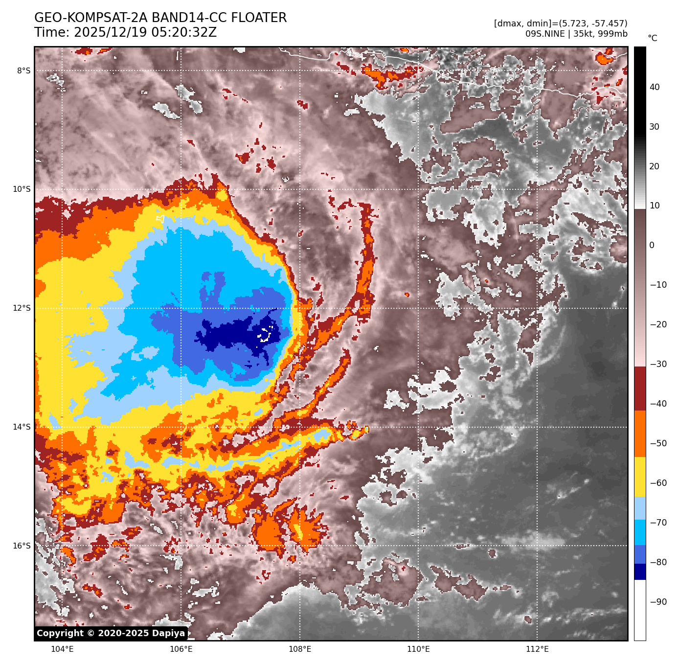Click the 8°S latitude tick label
point(23,71)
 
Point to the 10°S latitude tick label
point(22,189)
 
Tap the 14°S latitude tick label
point(22,427)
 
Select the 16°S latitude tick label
point(22,546)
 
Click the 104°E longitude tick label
point(62,649)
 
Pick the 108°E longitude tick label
point(300,649)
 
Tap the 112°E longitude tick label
point(537,649)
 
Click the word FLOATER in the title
point(259,18)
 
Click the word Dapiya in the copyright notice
point(168,633)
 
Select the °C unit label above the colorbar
point(652,38)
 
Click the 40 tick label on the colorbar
point(654,88)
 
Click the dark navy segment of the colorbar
point(640,572)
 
